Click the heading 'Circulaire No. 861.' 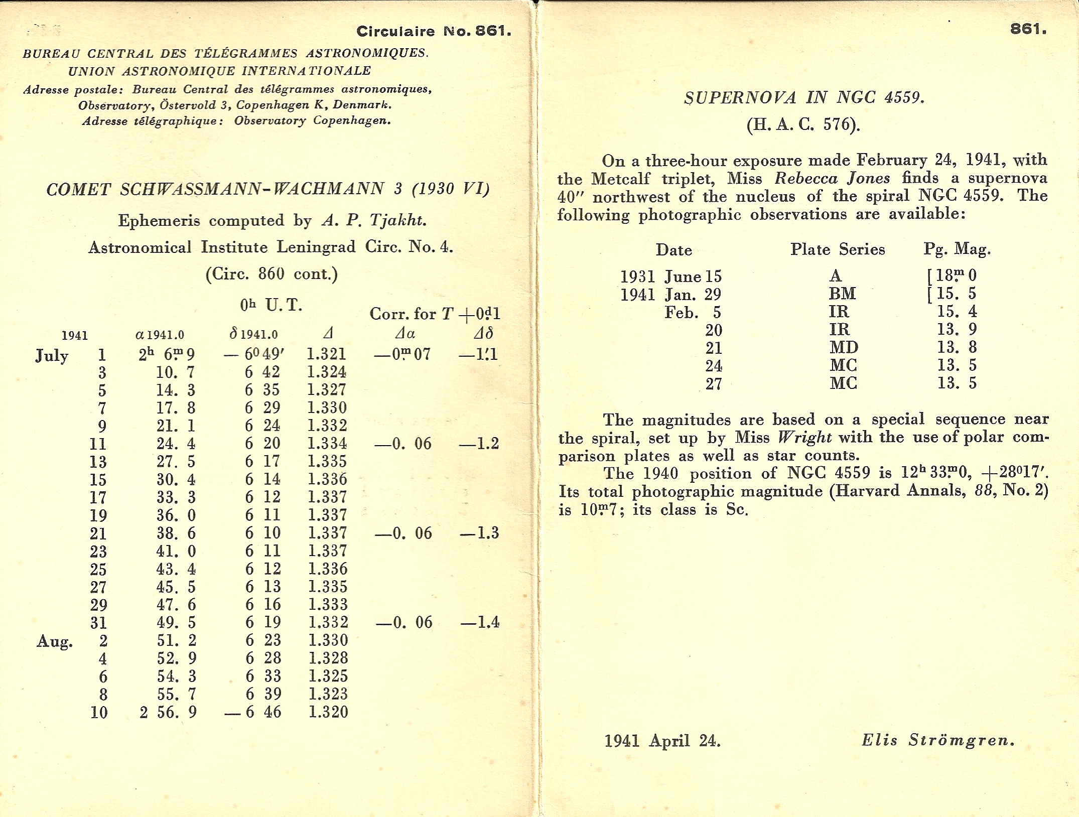tap(434, 31)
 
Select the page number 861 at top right tap(1028, 29)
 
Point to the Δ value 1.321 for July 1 tap(327, 354)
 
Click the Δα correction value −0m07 tap(402, 354)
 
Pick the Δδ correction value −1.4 tap(480, 622)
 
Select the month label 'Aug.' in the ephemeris tap(55, 641)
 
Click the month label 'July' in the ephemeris tap(52, 356)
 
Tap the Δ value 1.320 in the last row tap(328, 712)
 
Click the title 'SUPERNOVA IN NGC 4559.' tap(804, 97)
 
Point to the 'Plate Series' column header tap(838, 249)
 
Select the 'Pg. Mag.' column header tap(957, 249)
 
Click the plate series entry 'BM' tap(843, 294)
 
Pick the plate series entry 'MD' tap(844, 347)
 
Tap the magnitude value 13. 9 tap(957, 329)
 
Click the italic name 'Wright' tap(804, 438)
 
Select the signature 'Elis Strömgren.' tap(938, 740)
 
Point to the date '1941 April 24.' tap(662, 741)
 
